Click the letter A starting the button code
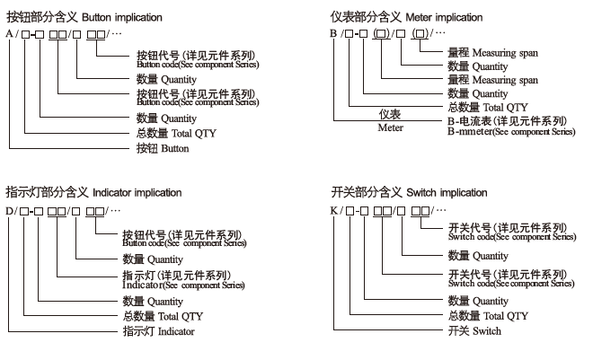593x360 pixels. pyautogui.click(x=9, y=33)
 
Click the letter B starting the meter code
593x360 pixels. pyautogui.click(x=333, y=33)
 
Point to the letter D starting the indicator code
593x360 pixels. pyautogui.click(x=9, y=211)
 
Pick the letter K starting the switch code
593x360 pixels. pyautogui.click(x=333, y=211)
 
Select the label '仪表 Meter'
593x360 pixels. pyautogui.click(x=389, y=121)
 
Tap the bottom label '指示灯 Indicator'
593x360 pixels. pyautogui.click(x=158, y=331)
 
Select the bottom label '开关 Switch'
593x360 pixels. pyautogui.click(x=474, y=331)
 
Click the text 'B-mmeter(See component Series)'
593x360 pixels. pyautogui.click(x=510, y=131)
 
